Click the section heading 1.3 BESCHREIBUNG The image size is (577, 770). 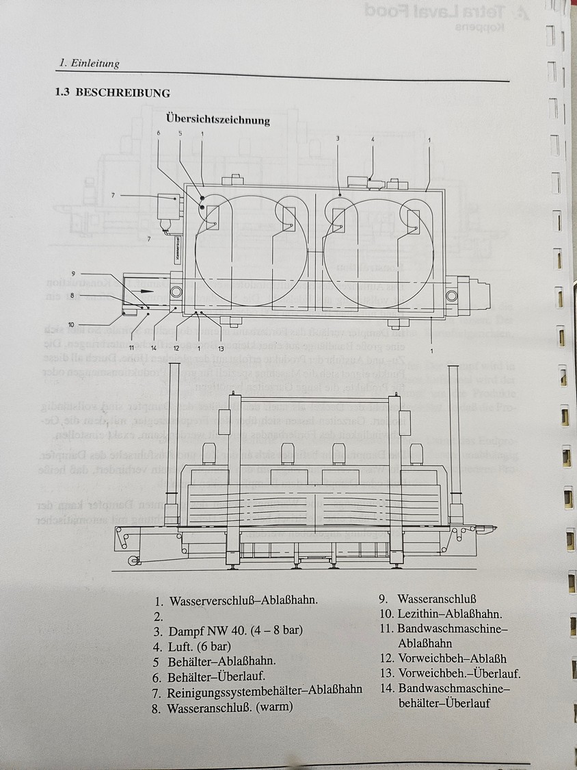click(x=113, y=92)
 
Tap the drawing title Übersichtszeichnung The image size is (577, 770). click(x=217, y=120)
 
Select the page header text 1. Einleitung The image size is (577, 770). click(x=89, y=64)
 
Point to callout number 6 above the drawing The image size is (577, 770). click(x=158, y=133)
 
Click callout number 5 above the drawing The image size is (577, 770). click(x=180, y=133)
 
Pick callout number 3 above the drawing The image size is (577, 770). click(x=338, y=138)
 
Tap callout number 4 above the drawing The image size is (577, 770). click(x=373, y=140)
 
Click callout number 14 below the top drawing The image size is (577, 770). click(x=154, y=348)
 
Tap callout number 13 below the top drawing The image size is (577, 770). click(x=220, y=348)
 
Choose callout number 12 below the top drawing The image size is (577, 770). click(x=176, y=348)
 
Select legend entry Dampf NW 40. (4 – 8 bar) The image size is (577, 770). click(x=234, y=630)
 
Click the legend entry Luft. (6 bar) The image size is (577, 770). click(x=199, y=645)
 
